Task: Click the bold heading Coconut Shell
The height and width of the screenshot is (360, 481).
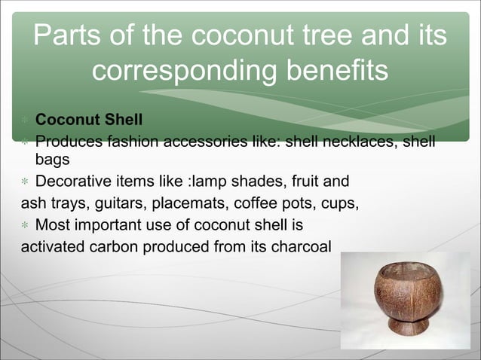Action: click(89, 121)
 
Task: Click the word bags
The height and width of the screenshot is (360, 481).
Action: click(52, 160)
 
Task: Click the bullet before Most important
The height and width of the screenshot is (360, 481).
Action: click(25, 225)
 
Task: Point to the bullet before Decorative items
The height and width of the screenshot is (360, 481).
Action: click(25, 182)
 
